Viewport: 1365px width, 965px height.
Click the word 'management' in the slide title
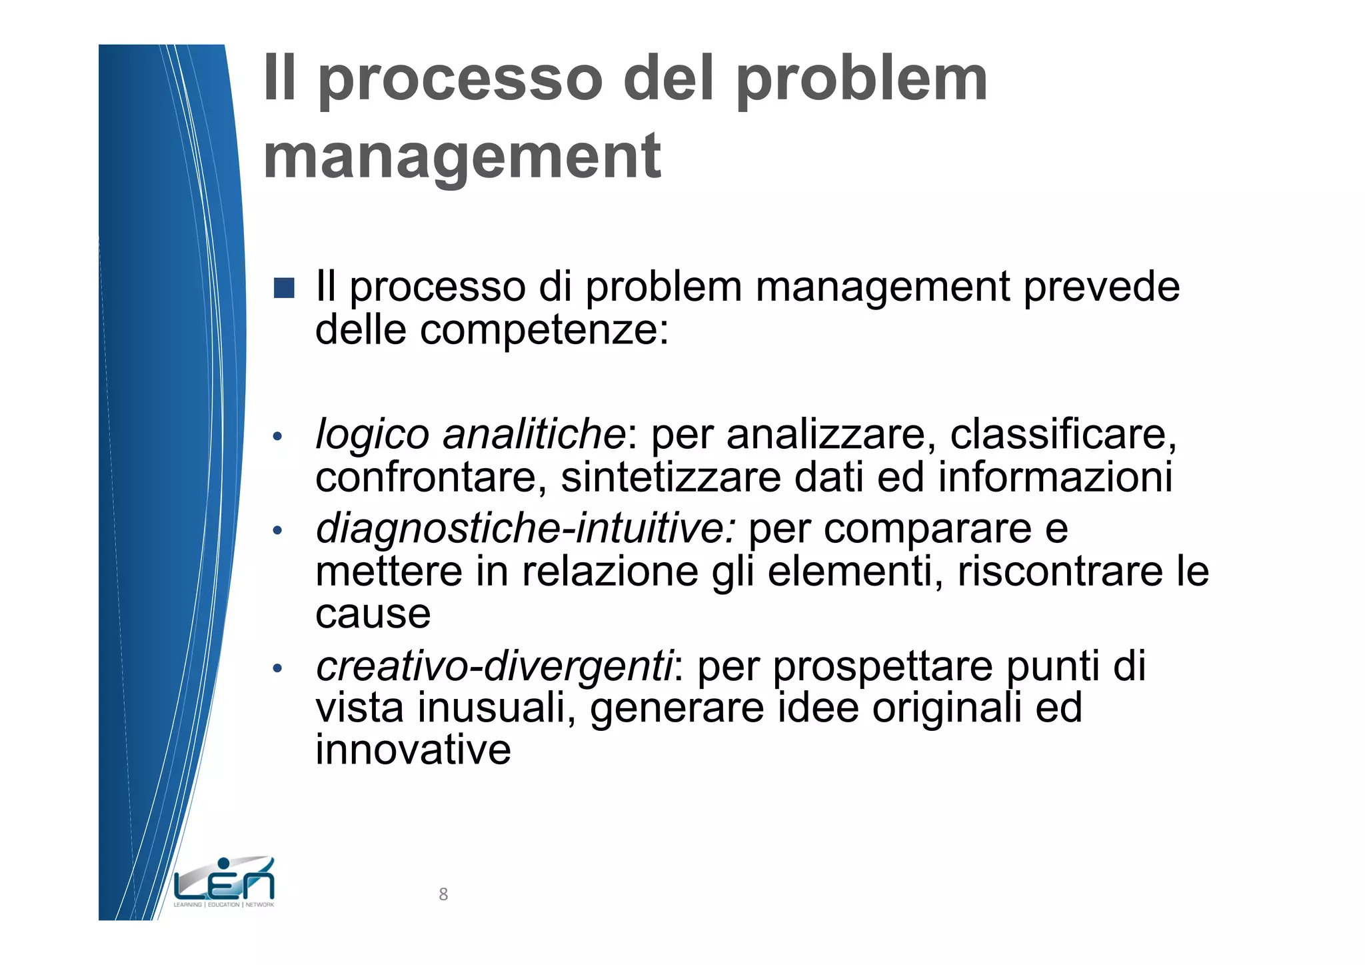pyautogui.click(x=462, y=157)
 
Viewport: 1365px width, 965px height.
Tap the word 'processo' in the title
pyautogui.click(x=461, y=80)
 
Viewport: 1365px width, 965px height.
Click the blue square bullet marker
pyautogui.click(x=284, y=288)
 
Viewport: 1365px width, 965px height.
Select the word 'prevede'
pyautogui.click(x=1101, y=287)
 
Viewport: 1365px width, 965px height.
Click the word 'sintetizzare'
pyautogui.click(x=671, y=477)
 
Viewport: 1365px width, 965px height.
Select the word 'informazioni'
pyautogui.click(x=1055, y=477)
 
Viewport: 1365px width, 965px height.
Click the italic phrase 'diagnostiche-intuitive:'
pyautogui.click(x=526, y=529)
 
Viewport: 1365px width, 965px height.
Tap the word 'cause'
pyautogui.click(x=373, y=614)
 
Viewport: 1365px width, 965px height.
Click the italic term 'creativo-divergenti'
pyautogui.click(x=495, y=666)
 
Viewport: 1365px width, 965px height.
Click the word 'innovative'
pyautogui.click(x=413, y=750)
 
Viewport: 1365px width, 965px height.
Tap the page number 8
pyautogui.click(x=443, y=894)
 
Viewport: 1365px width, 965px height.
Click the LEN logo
pyautogui.click(x=224, y=882)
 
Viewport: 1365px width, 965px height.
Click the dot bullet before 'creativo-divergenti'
pyautogui.click(x=278, y=668)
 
